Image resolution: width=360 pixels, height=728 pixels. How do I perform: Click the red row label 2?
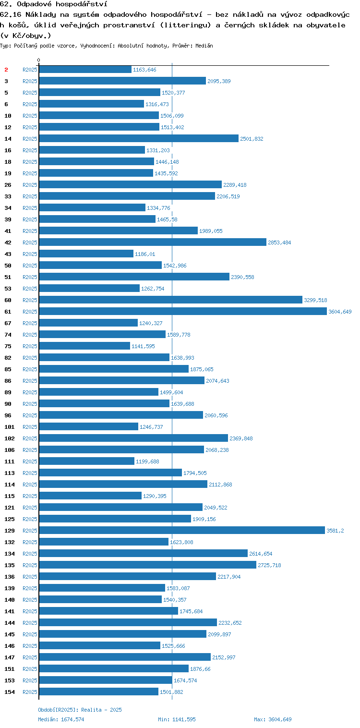pos(6,70)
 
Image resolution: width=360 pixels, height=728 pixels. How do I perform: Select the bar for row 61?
pos(183,311)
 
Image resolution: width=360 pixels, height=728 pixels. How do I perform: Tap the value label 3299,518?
pos(315,300)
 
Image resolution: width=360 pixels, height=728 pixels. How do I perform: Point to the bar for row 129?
pos(182,531)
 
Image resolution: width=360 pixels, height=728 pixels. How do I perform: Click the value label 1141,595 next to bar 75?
pos(144,346)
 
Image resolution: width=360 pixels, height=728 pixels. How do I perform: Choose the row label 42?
pos(8,243)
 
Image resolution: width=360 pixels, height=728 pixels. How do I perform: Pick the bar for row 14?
pos(139,138)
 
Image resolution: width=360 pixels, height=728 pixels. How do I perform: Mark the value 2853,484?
pos(279,243)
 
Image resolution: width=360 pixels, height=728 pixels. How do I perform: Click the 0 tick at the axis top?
pos(39,60)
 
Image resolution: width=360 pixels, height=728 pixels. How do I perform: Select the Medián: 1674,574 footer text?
pos(61,719)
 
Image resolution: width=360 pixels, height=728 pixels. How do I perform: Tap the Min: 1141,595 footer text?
pos(177,719)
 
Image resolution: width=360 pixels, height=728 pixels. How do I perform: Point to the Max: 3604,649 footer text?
pos(273,719)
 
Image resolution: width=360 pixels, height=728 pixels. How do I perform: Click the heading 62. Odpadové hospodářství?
pos(54,4)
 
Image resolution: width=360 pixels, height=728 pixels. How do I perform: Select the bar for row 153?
pos(106,680)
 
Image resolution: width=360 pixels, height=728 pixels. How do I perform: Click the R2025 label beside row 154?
pos(30,692)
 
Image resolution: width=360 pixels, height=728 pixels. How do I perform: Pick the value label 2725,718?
pos(269,565)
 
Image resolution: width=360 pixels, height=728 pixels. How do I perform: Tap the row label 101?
pos(10,427)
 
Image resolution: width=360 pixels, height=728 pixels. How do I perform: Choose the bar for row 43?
pos(86,254)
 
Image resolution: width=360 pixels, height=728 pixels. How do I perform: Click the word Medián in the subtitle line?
pos(204,46)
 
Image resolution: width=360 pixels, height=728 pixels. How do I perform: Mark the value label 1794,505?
pos(195,473)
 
